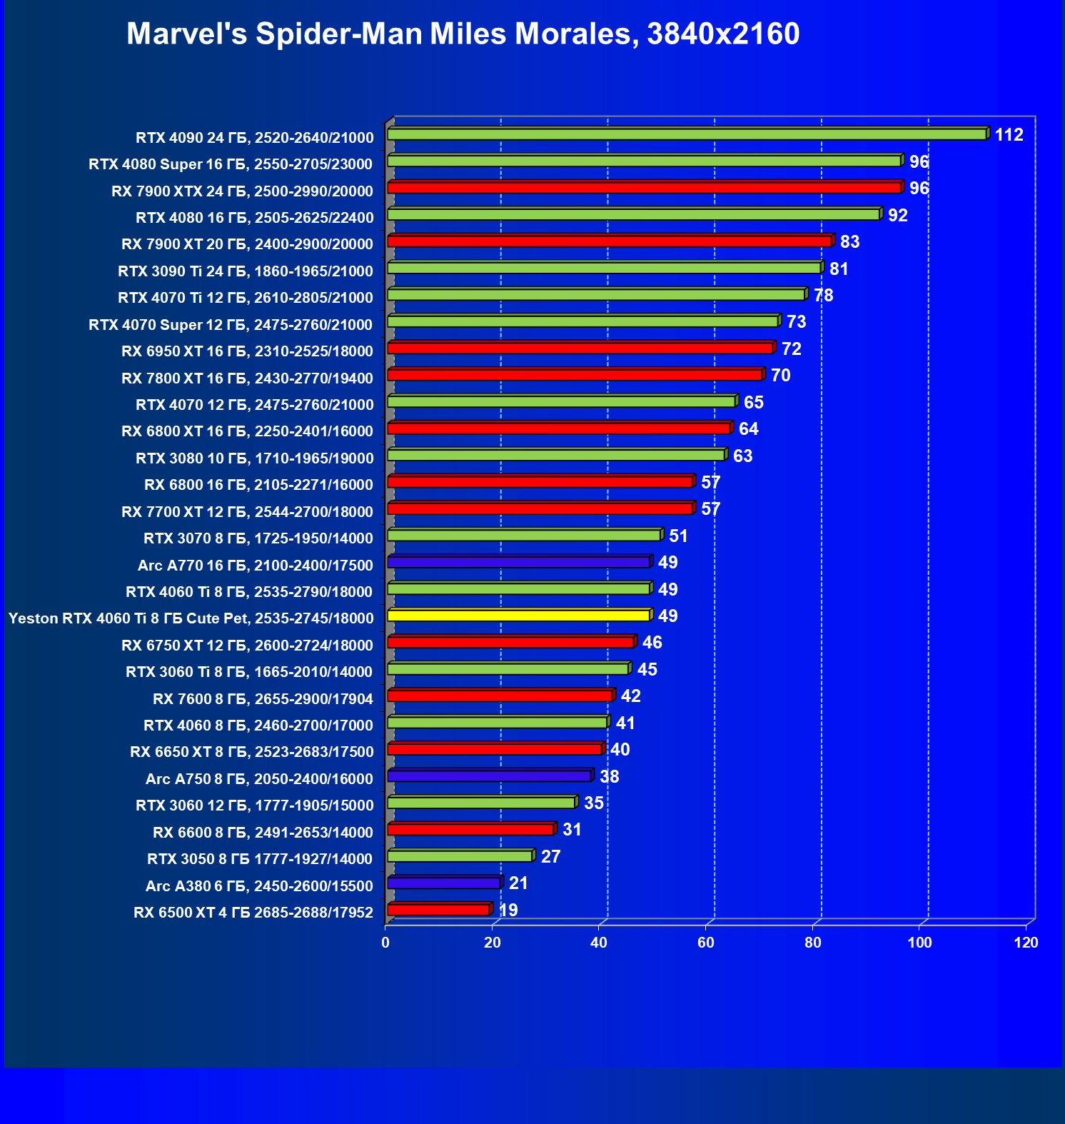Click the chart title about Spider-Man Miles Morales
[463, 34]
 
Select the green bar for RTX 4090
[686, 134]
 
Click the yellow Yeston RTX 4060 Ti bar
[518, 616]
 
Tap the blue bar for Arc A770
[518, 562]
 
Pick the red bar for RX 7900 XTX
[644, 188]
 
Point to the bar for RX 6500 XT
[438, 910]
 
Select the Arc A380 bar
[443, 883]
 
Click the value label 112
[1009, 135]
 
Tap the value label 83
[849, 242]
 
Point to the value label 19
[508, 910]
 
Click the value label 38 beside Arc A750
[609, 777]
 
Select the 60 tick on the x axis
[706, 943]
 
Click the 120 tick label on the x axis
[1026, 943]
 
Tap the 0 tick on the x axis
[385, 943]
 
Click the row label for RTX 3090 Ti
[246, 271]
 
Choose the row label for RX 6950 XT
[247, 351]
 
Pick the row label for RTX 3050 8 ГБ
[260, 859]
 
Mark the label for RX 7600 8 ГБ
[263, 699]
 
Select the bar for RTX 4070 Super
[582, 321]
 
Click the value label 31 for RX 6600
[572, 830]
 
